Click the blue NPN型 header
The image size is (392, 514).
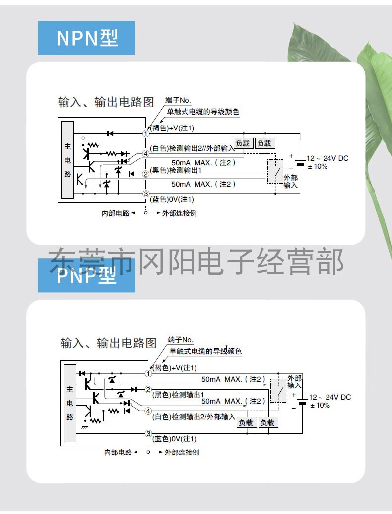86,38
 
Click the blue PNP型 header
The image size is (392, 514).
86,276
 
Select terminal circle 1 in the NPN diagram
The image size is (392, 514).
146,133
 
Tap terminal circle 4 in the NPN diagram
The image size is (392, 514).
146,154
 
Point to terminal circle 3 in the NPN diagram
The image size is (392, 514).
146,193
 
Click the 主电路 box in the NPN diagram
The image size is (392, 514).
67,161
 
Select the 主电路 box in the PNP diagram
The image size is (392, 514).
70,403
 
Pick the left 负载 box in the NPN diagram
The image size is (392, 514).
243,143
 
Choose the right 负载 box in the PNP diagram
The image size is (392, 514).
267,422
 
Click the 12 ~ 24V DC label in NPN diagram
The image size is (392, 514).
327,158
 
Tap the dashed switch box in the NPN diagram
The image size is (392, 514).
275,172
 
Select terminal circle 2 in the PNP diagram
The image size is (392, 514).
148,390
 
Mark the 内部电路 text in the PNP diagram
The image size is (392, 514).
118,452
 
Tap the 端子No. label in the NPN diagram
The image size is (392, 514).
178,101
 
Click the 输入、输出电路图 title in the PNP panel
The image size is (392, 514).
108,343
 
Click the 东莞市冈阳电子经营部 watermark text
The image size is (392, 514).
196,261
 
